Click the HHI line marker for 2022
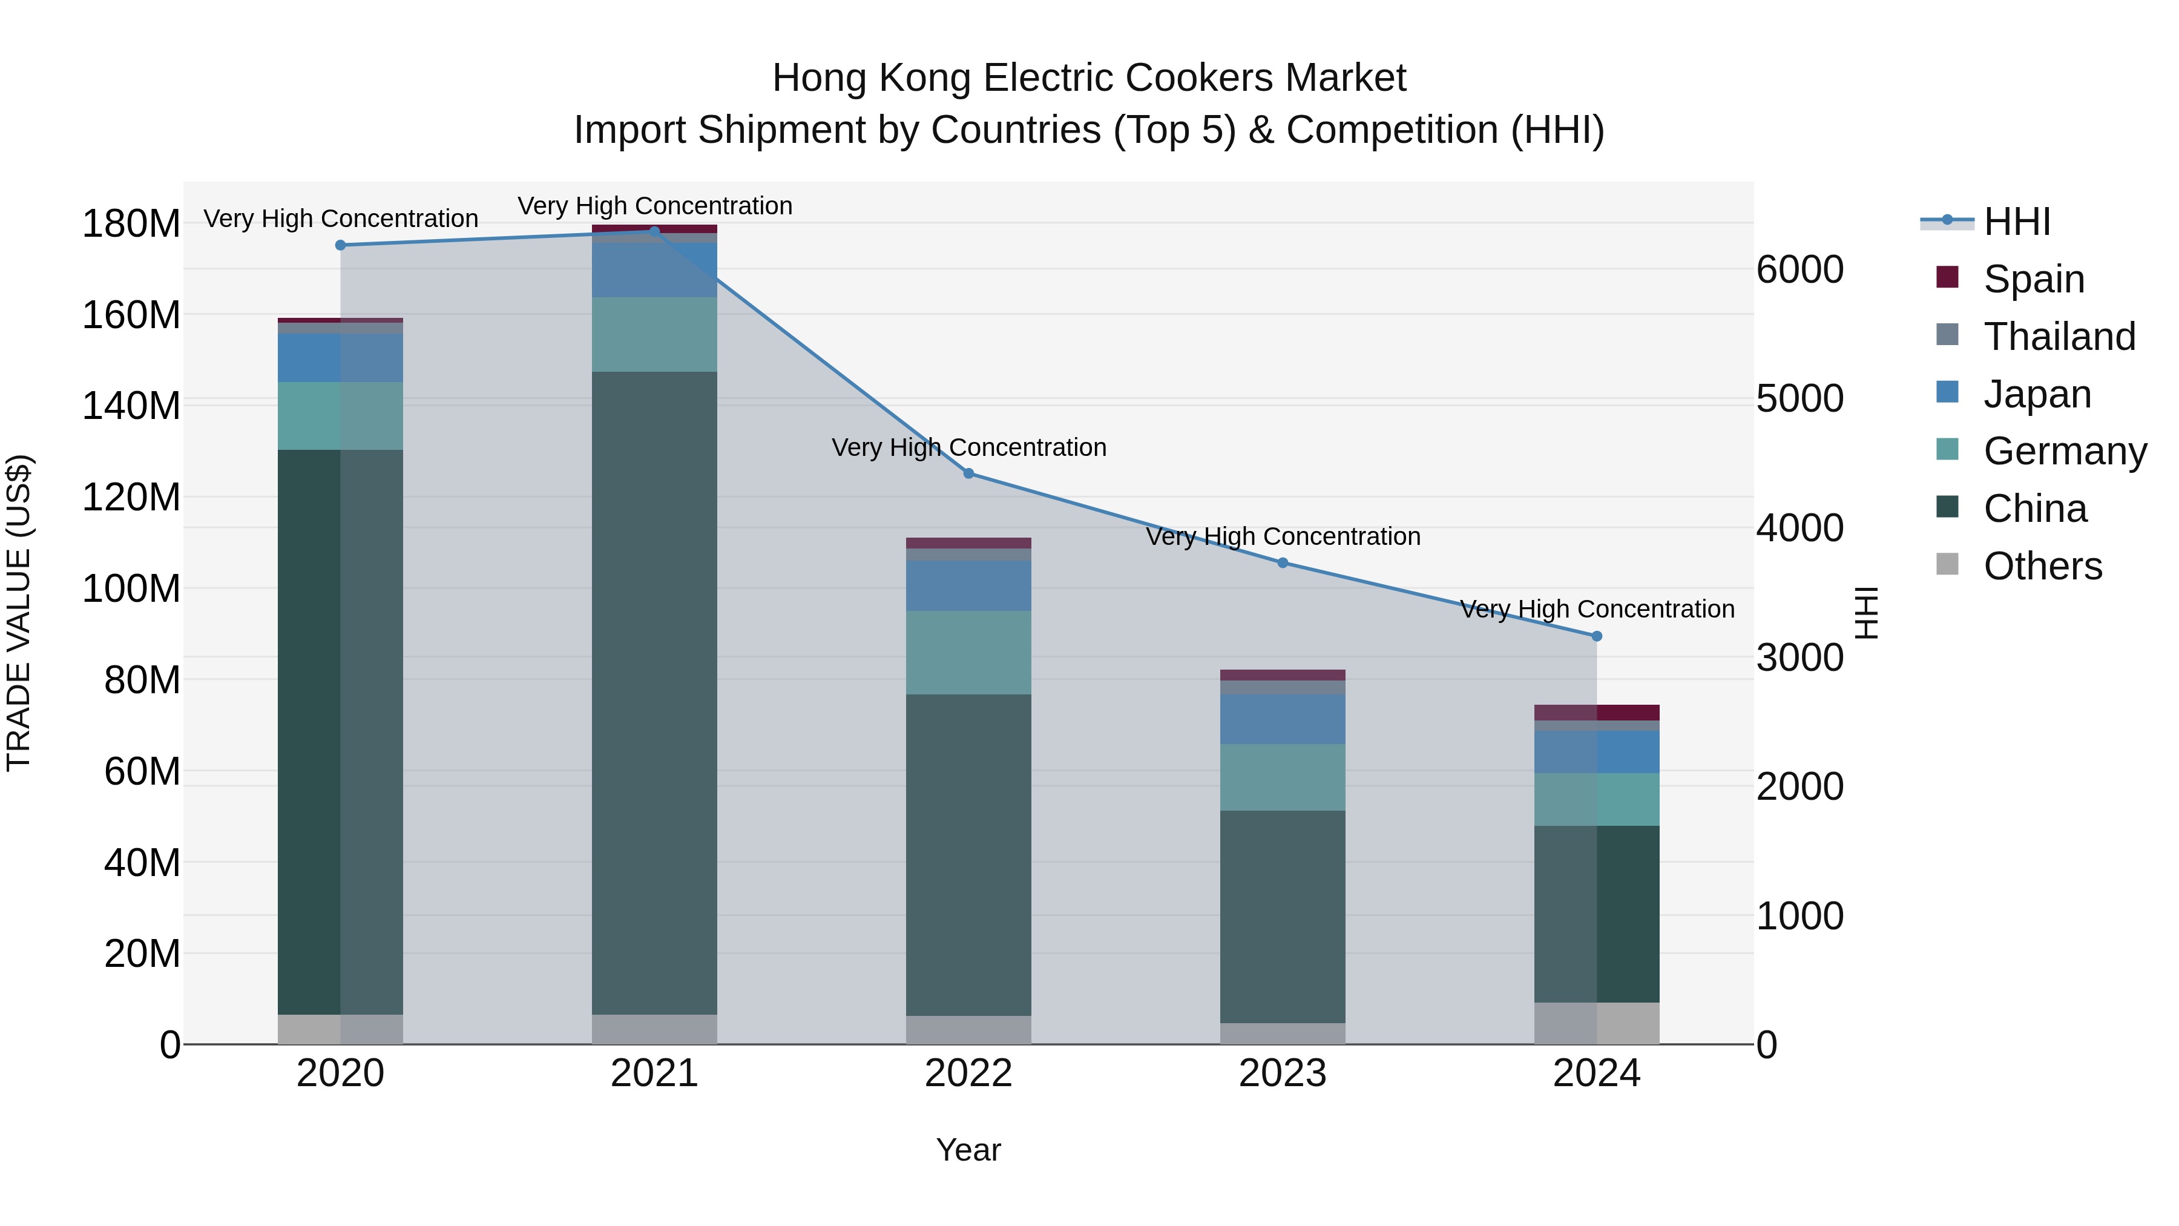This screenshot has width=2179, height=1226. pyautogui.click(x=968, y=474)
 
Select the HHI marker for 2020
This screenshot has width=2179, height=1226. pyautogui.click(x=340, y=245)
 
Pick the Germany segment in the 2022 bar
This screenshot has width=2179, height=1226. pyautogui.click(x=968, y=652)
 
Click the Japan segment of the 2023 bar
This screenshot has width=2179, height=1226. pyautogui.click(x=1283, y=719)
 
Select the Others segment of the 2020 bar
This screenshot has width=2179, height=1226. pyautogui.click(x=340, y=1029)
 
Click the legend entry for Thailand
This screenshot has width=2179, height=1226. pyautogui.click(x=2059, y=337)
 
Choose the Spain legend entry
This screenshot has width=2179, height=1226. pyautogui.click(x=2034, y=279)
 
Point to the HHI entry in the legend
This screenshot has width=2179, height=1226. pyautogui.click(x=2017, y=222)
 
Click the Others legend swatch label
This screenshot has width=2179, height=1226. pyautogui.click(x=2042, y=566)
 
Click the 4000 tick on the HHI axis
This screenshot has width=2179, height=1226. pyautogui.click(x=1799, y=528)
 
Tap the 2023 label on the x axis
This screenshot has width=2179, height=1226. pyautogui.click(x=1283, y=1073)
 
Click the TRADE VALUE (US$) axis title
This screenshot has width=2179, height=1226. pyautogui.click(x=19, y=613)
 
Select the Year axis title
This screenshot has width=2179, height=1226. pyautogui.click(x=968, y=1150)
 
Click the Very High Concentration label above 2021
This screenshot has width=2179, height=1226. pyautogui.click(x=655, y=206)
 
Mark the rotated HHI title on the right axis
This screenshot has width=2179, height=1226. pyautogui.click(x=1866, y=613)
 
